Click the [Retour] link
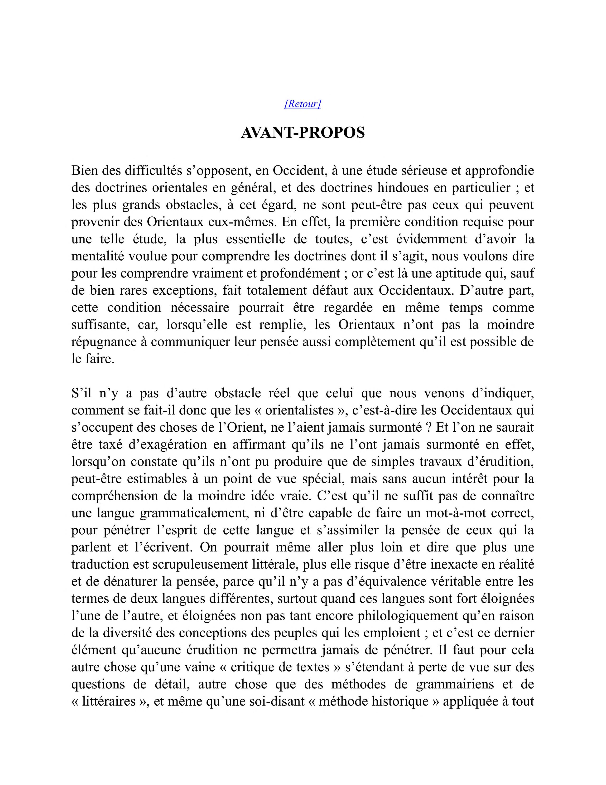click(303, 104)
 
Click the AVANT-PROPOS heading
click(303, 133)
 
